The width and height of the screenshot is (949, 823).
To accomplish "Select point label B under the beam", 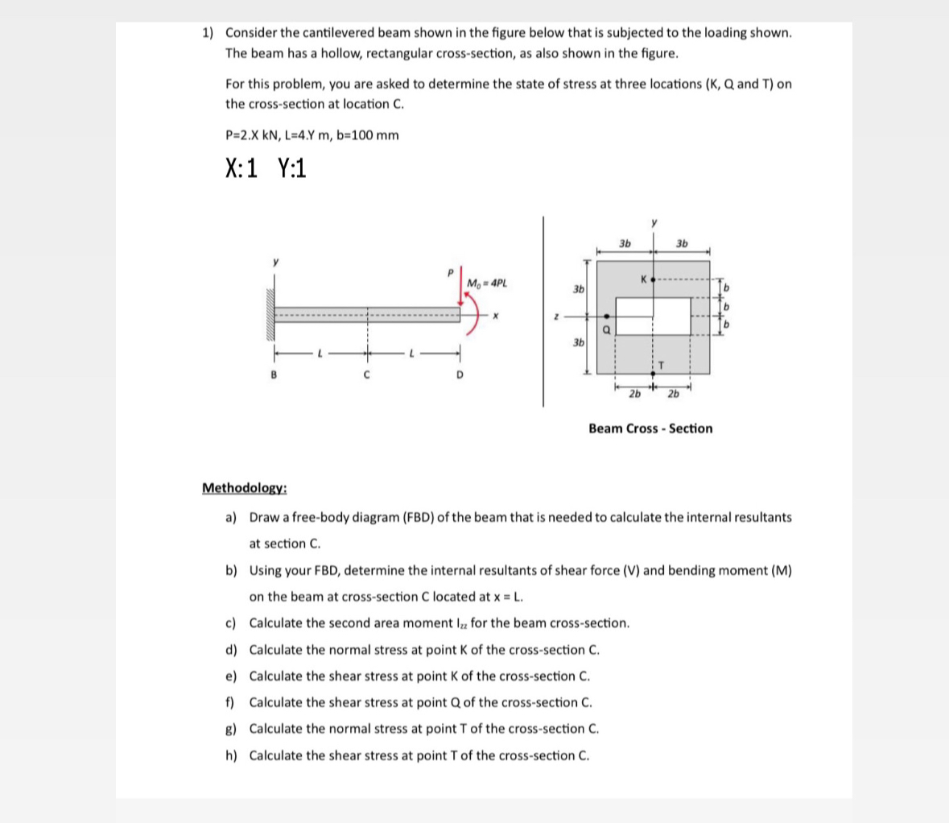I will (275, 375).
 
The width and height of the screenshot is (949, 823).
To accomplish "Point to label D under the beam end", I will (460, 375).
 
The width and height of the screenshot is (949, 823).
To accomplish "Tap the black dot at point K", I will (653, 279).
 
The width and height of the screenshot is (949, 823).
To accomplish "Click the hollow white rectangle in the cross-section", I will (653, 316).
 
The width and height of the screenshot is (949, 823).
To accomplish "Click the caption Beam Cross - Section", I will (650, 428).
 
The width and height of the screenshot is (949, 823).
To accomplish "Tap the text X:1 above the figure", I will (241, 168).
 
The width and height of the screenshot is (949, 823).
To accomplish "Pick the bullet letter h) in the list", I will (231, 755).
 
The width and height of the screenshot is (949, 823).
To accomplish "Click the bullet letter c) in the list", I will (231, 622).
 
